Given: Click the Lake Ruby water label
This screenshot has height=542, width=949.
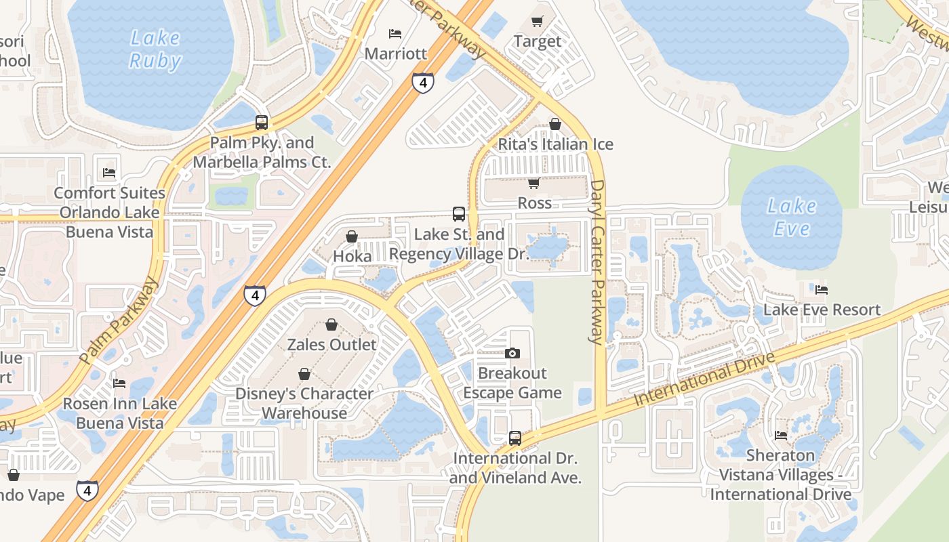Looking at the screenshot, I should tap(155, 49).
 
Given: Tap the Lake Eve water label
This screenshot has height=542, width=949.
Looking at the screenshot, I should tap(792, 217).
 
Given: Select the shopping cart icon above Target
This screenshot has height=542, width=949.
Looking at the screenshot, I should tap(538, 22).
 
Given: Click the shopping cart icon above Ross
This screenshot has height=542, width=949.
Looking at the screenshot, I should tap(534, 184).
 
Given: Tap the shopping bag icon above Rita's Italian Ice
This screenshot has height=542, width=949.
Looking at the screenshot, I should tap(555, 124).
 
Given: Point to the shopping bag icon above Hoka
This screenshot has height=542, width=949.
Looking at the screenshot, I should tap(352, 236).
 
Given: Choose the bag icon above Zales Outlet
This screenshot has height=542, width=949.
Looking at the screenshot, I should tap(331, 325).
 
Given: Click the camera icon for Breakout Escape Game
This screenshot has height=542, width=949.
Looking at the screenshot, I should tap(512, 353).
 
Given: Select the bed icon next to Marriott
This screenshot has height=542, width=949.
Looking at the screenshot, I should tap(395, 34).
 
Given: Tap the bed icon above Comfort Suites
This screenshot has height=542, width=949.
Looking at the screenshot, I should tap(109, 173).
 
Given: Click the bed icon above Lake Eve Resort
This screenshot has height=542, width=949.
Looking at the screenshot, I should tap(822, 290).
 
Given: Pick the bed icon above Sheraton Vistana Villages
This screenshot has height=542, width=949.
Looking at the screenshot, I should tap(781, 436).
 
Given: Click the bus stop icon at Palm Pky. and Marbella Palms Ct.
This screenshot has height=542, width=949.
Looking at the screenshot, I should tap(262, 123).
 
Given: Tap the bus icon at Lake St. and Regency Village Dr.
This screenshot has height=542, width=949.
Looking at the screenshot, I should tap(459, 214).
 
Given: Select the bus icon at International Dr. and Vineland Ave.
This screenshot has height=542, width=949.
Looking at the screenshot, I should tap(515, 438).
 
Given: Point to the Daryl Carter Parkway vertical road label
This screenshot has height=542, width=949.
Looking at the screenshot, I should tap(597, 262).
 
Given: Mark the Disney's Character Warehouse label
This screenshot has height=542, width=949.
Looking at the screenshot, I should tap(304, 403).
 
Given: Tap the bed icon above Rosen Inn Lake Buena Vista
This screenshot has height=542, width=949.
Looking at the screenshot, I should tap(119, 383).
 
